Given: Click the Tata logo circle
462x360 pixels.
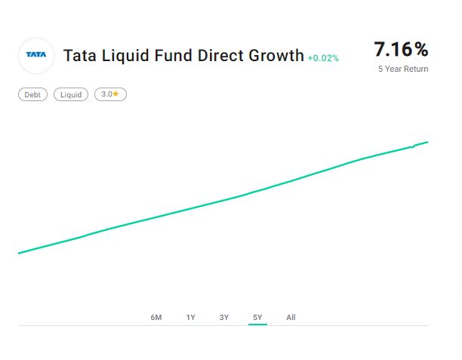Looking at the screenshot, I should tap(36, 55).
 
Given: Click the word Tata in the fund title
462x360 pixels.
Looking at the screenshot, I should tap(76, 56).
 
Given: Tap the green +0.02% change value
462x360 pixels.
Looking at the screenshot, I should tap(323, 58).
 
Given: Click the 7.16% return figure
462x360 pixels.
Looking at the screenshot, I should tap(401, 49).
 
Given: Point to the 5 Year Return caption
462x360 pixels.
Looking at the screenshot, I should tap(403, 69).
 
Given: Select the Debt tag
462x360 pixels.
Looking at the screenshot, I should tap(32, 94).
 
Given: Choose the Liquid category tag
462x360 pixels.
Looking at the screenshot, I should tap(71, 94).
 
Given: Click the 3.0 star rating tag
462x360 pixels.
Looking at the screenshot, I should tap(110, 94).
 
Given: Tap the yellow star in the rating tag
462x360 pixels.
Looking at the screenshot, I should tap(116, 94).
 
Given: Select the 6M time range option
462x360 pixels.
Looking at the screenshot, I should tap(156, 318).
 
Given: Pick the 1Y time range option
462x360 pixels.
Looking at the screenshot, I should tap(191, 318).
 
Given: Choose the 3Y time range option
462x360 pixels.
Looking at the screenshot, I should tap(224, 318).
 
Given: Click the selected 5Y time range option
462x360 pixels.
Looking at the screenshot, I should tap(257, 318).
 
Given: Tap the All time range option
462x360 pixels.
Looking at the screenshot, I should tap(291, 318).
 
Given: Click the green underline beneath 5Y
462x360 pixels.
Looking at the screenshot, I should tap(257, 325).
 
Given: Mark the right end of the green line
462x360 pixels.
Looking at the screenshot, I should tap(427, 142).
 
